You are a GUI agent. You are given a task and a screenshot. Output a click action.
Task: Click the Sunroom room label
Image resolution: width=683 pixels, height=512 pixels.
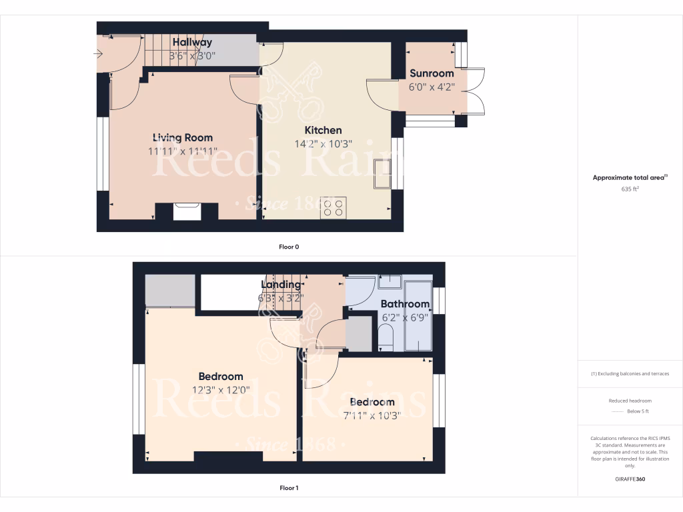432,73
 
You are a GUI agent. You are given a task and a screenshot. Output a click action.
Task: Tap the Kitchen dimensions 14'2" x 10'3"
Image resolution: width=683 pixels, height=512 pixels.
323,143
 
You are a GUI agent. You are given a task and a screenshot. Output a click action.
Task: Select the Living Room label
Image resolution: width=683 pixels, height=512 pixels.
183,138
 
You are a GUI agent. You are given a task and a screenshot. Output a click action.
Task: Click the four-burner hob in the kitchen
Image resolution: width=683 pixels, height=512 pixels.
333,207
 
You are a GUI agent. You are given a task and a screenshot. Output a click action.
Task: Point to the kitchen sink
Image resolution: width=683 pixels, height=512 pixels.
384,175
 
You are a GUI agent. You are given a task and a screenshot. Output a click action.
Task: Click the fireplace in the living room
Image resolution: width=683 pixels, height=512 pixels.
187,211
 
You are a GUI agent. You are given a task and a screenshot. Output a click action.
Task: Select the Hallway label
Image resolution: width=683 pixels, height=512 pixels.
192,43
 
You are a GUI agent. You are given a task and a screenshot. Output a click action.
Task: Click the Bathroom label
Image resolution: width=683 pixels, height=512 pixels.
405,304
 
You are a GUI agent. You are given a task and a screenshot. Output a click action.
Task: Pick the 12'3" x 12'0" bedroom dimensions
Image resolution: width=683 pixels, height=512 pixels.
221,389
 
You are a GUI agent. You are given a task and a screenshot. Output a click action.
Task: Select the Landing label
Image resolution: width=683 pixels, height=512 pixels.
280,285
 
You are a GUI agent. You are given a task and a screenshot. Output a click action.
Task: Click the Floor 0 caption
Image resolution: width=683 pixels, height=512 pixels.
289,247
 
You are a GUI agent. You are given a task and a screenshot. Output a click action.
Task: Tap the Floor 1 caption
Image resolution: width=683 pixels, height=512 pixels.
289,488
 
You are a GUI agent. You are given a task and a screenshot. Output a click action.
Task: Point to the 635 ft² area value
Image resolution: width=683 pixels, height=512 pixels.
630,189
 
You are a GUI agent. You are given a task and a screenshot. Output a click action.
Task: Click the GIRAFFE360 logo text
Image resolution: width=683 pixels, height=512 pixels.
630,479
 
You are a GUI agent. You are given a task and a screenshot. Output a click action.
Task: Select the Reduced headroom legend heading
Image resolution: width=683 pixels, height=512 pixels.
630,401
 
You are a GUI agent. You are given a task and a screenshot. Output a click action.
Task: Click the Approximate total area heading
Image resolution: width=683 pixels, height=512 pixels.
629,178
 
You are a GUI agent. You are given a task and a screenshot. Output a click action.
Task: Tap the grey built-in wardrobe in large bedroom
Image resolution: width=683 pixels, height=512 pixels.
170,290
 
